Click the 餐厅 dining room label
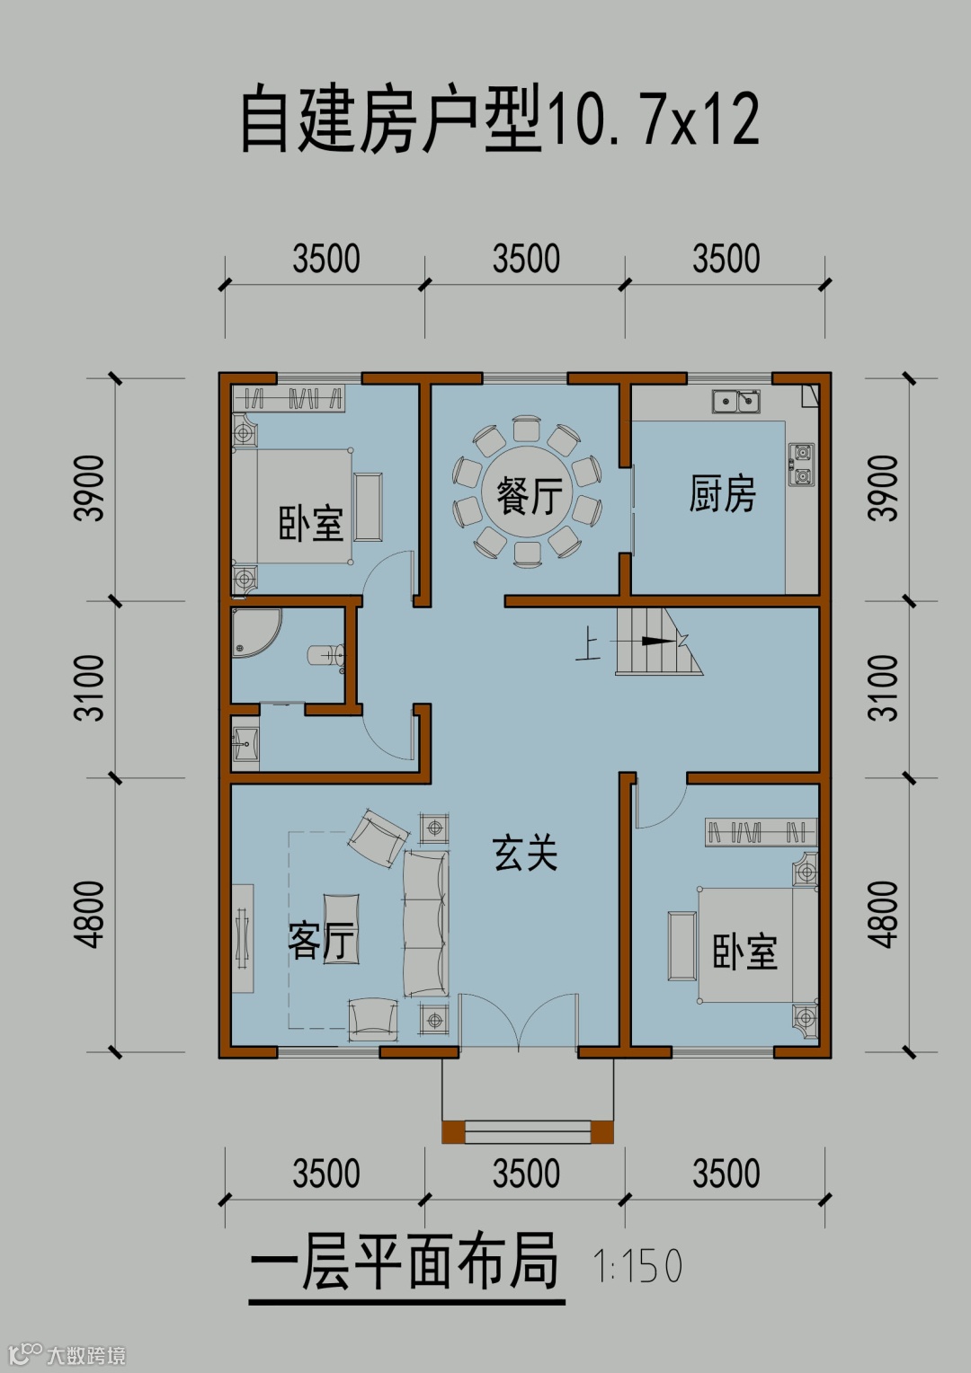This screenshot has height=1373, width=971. point(530,496)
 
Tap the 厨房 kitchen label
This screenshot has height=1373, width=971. point(722,493)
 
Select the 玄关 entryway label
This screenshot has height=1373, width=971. point(525,854)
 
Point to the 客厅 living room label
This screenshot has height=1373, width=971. point(321,942)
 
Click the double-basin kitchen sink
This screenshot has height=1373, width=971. point(736,402)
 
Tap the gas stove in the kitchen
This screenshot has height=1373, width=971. point(802,465)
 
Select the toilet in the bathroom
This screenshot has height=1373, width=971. point(326,655)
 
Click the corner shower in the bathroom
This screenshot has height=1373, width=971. point(254,632)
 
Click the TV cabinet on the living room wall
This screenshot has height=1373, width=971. point(243,938)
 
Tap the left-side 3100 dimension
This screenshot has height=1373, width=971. point(90,687)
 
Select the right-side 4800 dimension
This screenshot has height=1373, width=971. point(883,915)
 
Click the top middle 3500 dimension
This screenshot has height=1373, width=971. point(526,258)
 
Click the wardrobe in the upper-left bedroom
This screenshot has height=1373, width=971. point(289,398)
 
